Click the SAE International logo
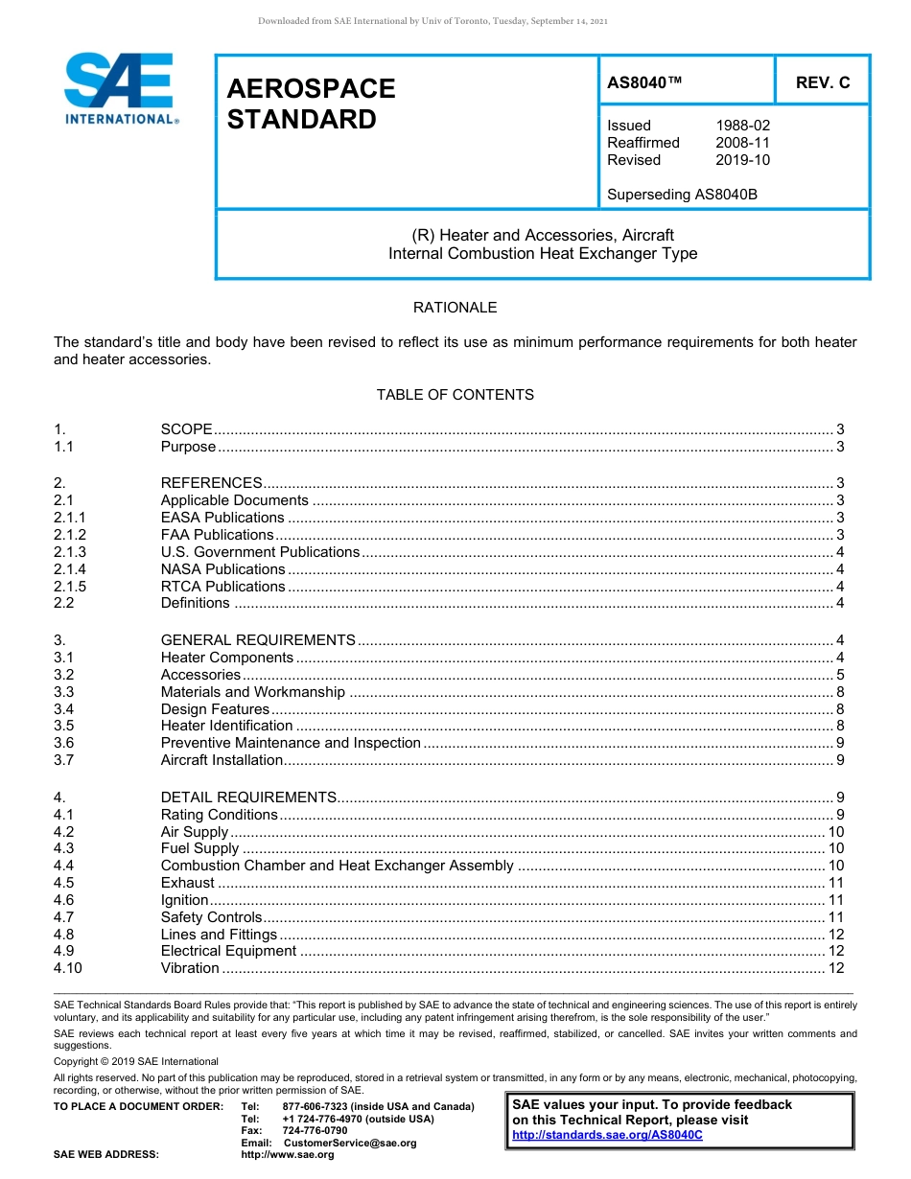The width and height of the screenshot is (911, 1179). click(120, 88)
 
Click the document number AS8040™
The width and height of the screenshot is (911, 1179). click(644, 83)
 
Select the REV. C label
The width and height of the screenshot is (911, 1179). click(823, 83)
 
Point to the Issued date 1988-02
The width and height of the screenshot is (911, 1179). click(742, 126)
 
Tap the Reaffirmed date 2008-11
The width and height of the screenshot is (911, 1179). click(742, 143)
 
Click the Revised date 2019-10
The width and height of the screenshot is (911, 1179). click(742, 160)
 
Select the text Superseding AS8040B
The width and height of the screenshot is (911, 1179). click(682, 195)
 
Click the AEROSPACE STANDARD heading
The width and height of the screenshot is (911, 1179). click(311, 104)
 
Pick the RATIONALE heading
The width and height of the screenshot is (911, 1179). click(455, 308)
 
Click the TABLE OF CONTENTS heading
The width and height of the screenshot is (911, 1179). click(455, 395)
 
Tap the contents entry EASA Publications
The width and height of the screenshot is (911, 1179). click(222, 518)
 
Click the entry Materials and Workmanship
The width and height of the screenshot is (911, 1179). click(252, 692)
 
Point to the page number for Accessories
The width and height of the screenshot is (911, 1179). click(839, 675)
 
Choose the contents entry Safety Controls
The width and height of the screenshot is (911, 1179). click(211, 917)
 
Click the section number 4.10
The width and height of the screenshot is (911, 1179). click(67, 968)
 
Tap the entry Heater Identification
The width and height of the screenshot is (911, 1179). click(226, 726)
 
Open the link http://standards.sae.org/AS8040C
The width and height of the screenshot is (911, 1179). click(607, 1135)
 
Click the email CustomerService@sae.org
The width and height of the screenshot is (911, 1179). click(350, 1143)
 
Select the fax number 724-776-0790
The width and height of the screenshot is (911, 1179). click(315, 1131)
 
